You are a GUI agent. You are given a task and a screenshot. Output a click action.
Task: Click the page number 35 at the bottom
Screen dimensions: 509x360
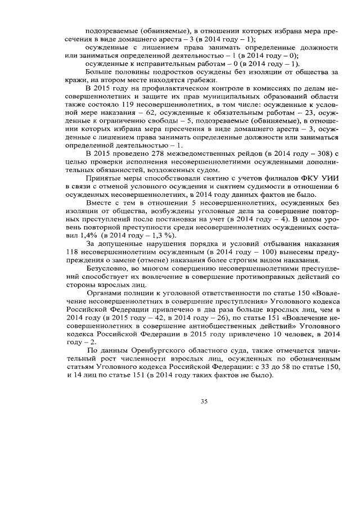pyautogui.click(x=204, y=400)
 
